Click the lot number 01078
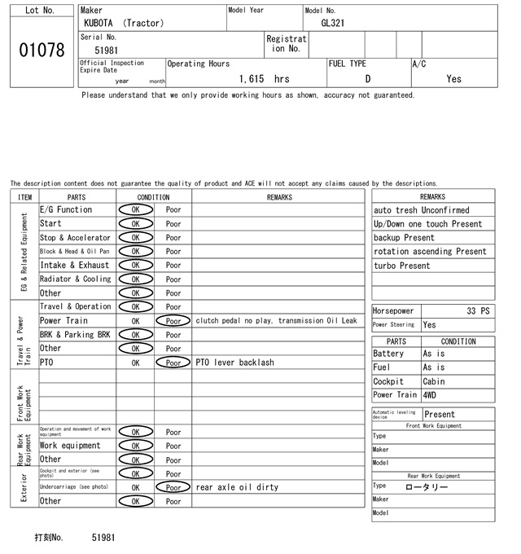pyautogui.click(x=41, y=51)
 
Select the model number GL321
pyautogui.click(x=332, y=23)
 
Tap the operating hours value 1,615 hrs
pyautogui.click(x=265, y=79)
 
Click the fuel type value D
pyautogui.click(x=367, y=79)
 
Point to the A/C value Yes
pyautogui.click(x=453, y=79)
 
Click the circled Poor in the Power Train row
pyautogui.click(x=173, y=321)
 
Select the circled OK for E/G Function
pyautogui.click(x=135, y=210)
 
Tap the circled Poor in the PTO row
pyautogui.click(x=173, y=363)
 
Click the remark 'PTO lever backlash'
pyautogui.click(x=234, y=363)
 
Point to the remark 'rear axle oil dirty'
pyautogui.click(x=237, y=487)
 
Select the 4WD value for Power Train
pyautogui.click(x=430, y=395)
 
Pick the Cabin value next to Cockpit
pyautogui.click(x=435, y=381)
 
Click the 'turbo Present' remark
pyautogui.click(x=402, y=266)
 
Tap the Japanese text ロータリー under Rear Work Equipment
pyautogui.click(x=427, y=486)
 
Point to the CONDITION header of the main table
pyautogui.click(x=154, y=197)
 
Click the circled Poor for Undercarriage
pyautogui.click(x=173, y=487)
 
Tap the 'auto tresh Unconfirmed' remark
pyautogui.click(x=422, y=210)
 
